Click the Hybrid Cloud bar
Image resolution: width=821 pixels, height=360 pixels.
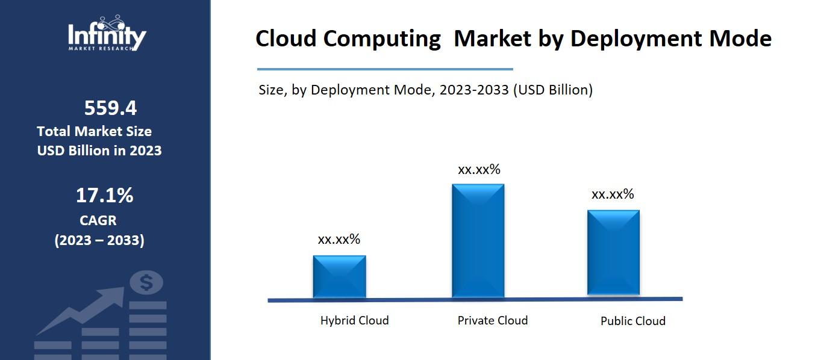tap(339, 276)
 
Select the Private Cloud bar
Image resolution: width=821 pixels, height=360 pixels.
tap(478, 240)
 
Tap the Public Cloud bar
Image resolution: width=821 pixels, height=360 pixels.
tap(613, 253)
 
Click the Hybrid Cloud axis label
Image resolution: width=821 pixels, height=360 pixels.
tap(354, 320)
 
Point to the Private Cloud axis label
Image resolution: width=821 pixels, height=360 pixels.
tap(492, 320)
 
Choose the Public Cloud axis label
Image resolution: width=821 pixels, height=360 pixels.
tap(632, 321)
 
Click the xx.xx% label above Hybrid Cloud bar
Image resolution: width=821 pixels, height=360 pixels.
tap(339, 239)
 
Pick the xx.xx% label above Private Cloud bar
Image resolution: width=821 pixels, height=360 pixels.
tap(479, 170)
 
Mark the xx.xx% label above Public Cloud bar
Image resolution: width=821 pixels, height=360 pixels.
tap(613, 194)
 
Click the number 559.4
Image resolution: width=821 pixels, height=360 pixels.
tap(110, 108)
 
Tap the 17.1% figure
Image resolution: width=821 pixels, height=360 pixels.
tap(104, 195)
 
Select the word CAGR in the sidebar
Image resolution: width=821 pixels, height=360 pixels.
tap(98, 220)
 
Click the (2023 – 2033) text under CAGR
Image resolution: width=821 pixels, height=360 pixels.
tap(99, 240)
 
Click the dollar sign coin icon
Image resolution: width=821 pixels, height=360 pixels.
tap(146, 282)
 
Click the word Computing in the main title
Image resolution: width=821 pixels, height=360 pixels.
tap(381, 39)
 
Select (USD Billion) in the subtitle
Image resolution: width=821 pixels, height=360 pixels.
tap(552, 90)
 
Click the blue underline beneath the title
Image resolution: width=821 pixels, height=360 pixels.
tap(385, 69)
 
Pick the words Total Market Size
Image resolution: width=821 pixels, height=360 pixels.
tap(94, 131)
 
